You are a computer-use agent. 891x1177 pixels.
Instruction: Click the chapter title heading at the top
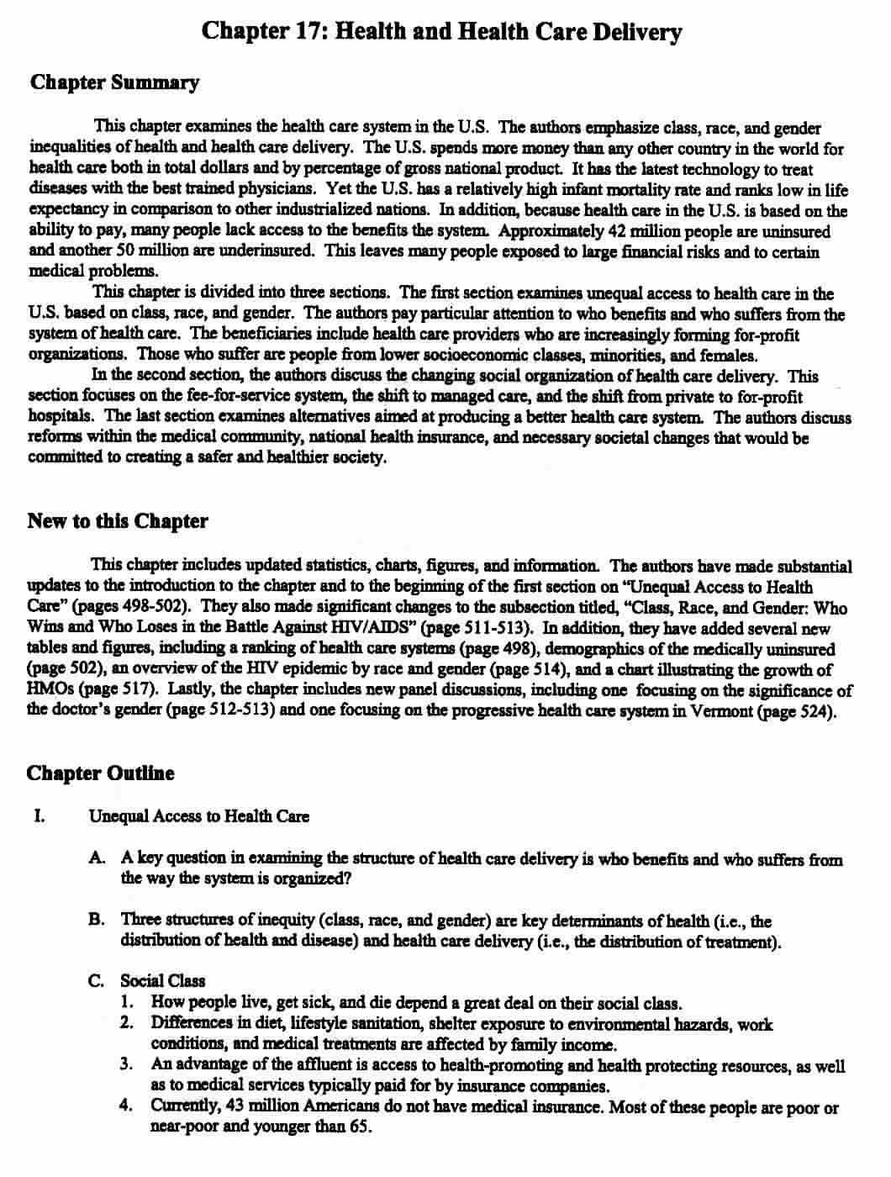click(x=441, y=32)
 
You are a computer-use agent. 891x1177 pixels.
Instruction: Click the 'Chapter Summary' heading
click(x=114, y=82)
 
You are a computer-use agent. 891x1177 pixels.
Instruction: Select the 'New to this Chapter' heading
click(x=118, y=520)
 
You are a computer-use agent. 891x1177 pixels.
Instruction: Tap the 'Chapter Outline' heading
click(x=101, y=773)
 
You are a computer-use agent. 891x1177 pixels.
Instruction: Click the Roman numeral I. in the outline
click(x=38, y=815)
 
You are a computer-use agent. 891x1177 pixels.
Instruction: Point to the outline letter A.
click(x=96, y=858)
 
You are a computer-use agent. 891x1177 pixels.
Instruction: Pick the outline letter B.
click(x=96, y=920)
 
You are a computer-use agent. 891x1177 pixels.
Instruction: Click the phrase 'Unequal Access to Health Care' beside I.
click(x=198, y=815)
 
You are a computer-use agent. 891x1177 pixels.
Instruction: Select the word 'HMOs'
click(x=46, y=689)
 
